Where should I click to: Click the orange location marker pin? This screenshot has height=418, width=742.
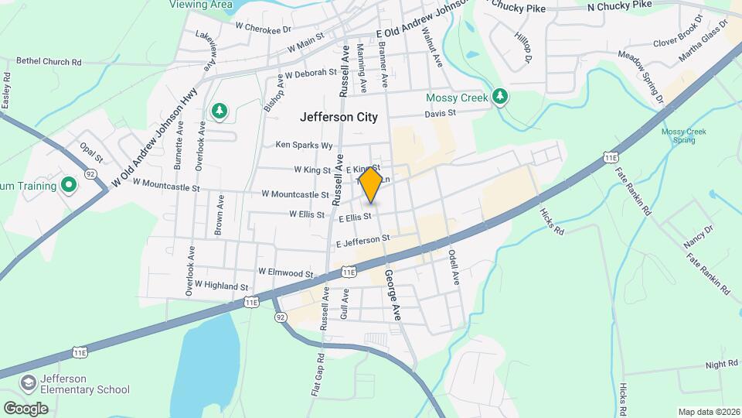coord(371,184)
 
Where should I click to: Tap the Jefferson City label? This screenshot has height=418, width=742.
coord(339,118)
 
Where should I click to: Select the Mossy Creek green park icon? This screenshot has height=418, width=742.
coord(501,98)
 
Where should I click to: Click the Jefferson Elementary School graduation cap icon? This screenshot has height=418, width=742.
coord(29,383)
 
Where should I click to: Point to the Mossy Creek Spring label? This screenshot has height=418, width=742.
coord(683,135)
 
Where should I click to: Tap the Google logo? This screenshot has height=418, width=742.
coord(26,408)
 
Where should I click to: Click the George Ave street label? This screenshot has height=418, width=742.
coord(393,295)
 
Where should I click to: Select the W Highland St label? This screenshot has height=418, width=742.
coord(221,286)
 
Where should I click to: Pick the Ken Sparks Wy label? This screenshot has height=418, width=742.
coord(304,145)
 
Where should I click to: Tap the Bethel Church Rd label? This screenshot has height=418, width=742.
coord(49,62)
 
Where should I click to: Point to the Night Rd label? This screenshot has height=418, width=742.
coord(722,365)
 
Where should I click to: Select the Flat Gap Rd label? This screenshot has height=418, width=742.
coord(317,375)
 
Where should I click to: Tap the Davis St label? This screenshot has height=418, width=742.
coord(441,113)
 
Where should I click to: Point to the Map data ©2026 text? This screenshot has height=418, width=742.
coord(708,412)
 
